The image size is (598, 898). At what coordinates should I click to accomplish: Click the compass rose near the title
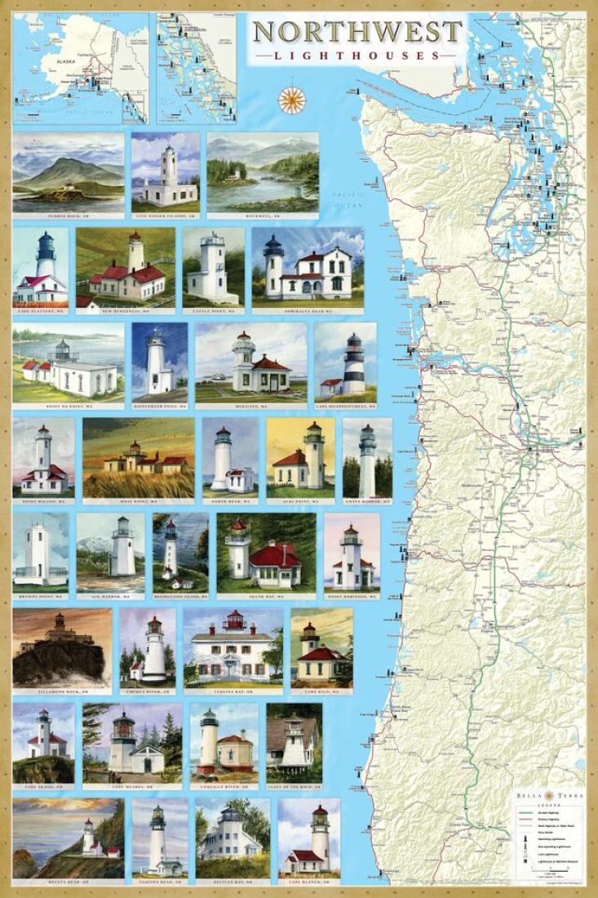291,99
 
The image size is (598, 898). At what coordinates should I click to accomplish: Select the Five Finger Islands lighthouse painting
166,172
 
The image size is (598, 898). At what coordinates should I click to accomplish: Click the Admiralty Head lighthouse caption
308,311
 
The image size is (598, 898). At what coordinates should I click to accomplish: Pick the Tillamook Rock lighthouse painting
61,649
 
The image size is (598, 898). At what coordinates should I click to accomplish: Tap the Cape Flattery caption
40,311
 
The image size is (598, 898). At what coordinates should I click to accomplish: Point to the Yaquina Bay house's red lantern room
234,620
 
